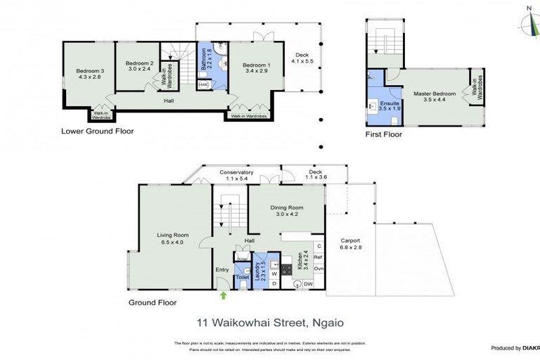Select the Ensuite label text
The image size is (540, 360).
[x=389, y=103]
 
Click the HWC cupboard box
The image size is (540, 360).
[x=203, y=84]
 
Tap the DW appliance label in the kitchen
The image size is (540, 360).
[x=308, y=284]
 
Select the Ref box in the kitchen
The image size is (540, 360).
[x=318, y=257]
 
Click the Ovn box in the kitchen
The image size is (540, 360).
[x=318, y=269]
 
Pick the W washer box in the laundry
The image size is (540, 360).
[x=274, y=274]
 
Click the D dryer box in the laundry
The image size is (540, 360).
[x=274, y=283]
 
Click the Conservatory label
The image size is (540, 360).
[x=236, y=172]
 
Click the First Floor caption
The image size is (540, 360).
[x=385, y=134]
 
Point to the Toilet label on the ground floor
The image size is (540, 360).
[x=242, y=277]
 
